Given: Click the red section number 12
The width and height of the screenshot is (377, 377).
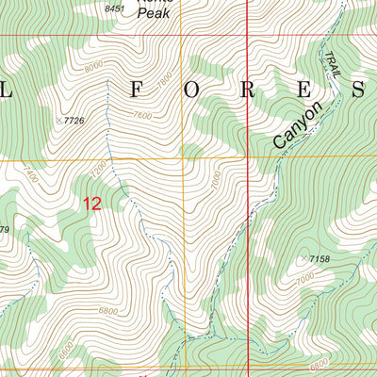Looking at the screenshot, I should click(x=92, y=203).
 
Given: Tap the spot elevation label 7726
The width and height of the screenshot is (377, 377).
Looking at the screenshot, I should click(x=74, y=121).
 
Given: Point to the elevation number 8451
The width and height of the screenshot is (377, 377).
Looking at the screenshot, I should click(x=114, y=8).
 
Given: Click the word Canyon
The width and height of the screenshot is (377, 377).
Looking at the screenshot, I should click(x=297, y=124).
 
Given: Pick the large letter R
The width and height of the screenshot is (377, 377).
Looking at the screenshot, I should click(x=248, y=90).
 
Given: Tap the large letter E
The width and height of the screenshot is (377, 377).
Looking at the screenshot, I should click(x=303, y=90).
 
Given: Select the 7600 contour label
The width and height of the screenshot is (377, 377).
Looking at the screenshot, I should click(x=141, y=116).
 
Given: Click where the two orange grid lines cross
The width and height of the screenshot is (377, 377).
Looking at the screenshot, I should click(x=185, y=160).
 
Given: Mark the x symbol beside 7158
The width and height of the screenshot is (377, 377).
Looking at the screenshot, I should click(x=303, y=258).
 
